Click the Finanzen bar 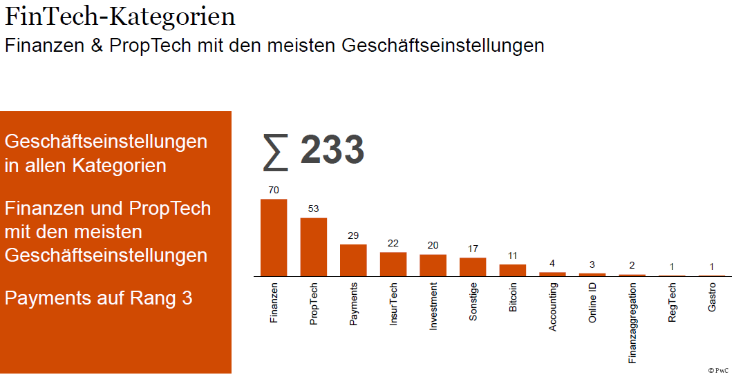click(274, 238)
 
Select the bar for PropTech click(313, 247)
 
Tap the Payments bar click(353, 260)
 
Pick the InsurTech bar click(393, 264)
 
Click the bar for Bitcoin click(513, 270)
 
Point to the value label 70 click(274, 190)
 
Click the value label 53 click(313, 209)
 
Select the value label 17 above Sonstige click(473, 249)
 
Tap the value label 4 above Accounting click(552, 263)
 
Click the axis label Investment click(433, 306)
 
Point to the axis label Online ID click(592, 303)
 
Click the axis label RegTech click(672, 302)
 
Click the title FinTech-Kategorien click(120, 17)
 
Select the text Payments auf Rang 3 click(98, 298)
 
